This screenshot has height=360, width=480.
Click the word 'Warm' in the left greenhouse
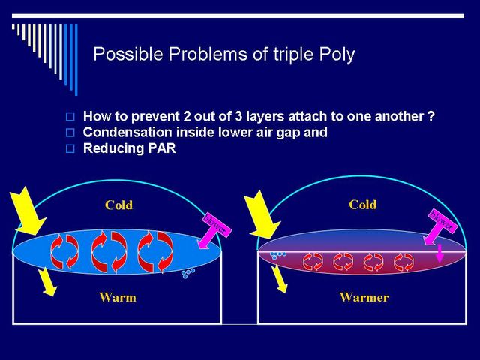click(x=118, y=297)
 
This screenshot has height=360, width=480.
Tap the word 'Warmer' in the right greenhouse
click(x=364, y=297)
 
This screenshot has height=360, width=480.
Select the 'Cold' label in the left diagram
click(x=118, y=205)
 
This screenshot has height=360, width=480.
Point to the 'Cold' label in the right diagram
click(x=363, y=205)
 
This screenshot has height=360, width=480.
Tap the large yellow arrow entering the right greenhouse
click(x=262, y=215)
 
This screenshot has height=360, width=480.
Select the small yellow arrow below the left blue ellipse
click(x=47, y=282)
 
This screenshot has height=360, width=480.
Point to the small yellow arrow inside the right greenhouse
click(x=279, y=279)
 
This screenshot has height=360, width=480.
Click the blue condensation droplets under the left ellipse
click(x=188, y=273)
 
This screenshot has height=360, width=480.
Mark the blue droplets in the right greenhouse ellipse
click(x=278, y=255)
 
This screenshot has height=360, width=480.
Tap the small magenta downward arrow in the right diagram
click(x=439, y=253)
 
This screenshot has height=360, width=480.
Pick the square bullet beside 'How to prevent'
click(x=70, y=117)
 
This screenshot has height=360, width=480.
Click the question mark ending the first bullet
click(x=430, y=116)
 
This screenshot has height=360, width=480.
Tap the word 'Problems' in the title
click(x=208, y=54)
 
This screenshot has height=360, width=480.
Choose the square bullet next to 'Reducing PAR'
click(x=70, y=148)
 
